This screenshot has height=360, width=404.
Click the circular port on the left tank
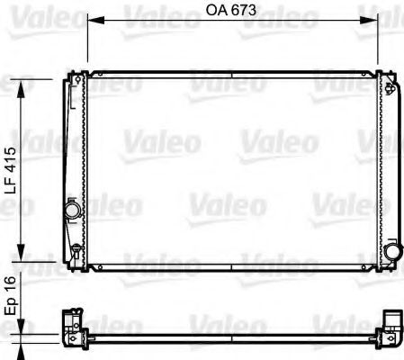tap(70, 210)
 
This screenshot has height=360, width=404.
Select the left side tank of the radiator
tap(74, 162)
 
